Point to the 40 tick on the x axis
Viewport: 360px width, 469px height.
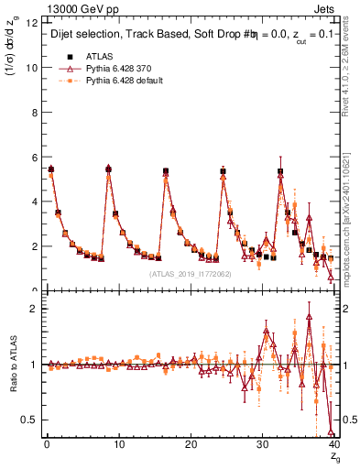pos(333,443)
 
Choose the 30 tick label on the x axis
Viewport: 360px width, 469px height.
pos(262,443)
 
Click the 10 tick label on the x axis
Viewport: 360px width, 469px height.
pos(118,443)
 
